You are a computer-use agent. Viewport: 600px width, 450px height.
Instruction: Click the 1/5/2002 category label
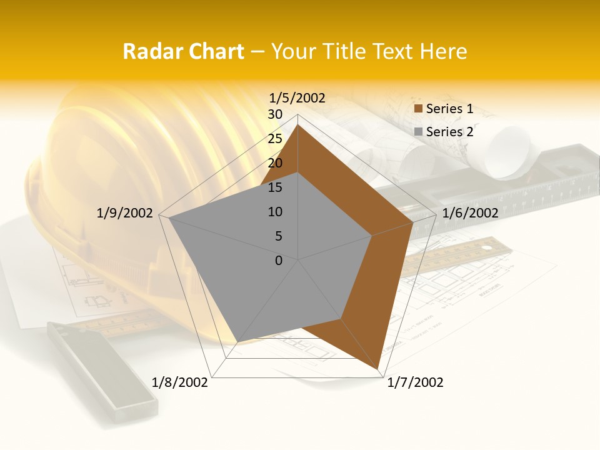pyautogui.click(x=297, y=97)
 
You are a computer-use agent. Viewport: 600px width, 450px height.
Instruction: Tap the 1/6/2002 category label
pyautogui.click(x=470, y=213)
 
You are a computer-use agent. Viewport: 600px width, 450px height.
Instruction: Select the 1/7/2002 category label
pyautogui.click(x=415, y=382)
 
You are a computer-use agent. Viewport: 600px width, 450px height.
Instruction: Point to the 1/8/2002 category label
pyautogui.click(x=180, y=382)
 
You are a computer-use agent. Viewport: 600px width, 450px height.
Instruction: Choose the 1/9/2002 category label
pyautogui.click(x=125, y=213)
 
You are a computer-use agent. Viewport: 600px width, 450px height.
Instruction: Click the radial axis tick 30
pyautogui.click(x=275, y=114)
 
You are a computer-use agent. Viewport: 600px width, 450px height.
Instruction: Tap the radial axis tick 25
pyautogui.click(x=275, y=139)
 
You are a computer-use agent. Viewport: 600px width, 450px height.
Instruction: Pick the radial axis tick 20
pyautogui.click(x=275, y=163)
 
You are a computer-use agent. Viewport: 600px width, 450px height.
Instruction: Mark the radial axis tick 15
pyautogui.click(x=275, y=187)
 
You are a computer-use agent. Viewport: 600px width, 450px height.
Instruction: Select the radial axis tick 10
pyautogui.click(x=275, y=212)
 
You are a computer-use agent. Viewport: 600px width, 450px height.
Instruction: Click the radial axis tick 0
pyautogui.click(x=279, y=261)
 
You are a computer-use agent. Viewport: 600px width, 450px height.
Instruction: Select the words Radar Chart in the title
pyautogui.click(x=183, y=51)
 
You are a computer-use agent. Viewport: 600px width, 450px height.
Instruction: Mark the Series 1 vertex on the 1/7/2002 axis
pyautogui.click(x=378, y=369)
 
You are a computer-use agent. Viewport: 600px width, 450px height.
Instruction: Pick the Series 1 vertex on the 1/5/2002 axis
pyautogui.click(x=298, y=124)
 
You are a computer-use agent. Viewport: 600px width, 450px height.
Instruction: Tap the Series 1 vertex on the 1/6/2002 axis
pyautogui.click(x=413, y=222)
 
